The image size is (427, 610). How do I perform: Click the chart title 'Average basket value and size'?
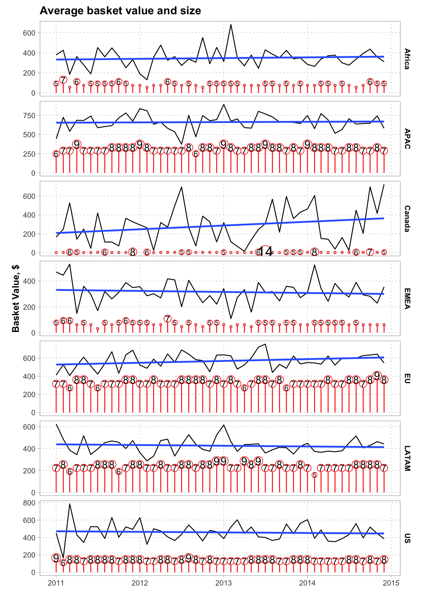120,11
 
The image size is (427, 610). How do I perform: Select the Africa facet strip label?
407,59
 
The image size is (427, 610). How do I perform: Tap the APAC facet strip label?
407,139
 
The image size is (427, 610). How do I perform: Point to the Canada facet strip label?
407,219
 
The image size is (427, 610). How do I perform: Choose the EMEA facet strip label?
407,298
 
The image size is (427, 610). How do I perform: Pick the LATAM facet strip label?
407,458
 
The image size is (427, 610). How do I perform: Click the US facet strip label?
407,538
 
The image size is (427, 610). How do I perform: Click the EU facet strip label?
407,378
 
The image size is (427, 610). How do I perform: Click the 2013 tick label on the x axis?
224,583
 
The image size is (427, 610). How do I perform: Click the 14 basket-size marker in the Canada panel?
265,252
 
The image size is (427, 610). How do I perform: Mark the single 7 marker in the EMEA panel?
167,318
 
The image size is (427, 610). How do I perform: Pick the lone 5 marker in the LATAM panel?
314,475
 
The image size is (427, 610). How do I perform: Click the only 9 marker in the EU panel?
377,376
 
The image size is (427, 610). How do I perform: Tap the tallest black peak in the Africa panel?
231,24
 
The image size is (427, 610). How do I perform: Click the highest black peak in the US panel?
70,504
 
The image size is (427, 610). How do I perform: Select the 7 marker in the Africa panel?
63,80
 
